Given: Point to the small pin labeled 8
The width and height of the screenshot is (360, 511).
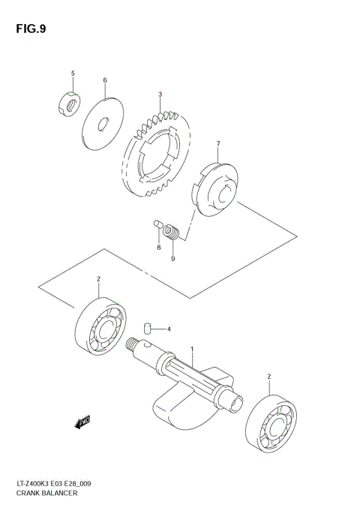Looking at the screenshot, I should (157, 224).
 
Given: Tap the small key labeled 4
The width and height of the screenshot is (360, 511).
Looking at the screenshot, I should (148, 327).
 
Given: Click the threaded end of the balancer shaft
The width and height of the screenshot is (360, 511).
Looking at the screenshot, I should (140, 347).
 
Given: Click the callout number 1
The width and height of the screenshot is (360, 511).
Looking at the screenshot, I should (192, 349).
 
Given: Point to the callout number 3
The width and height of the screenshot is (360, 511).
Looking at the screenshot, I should (160, 95).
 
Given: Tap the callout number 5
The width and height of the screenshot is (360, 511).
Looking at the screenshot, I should (73, 73).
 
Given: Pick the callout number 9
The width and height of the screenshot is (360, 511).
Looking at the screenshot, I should (172, 259).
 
